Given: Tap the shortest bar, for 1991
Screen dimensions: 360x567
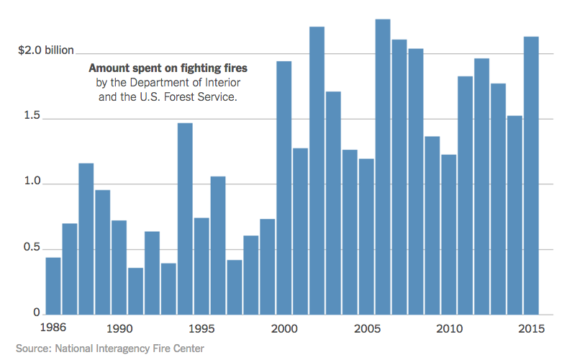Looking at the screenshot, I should pos(135,291).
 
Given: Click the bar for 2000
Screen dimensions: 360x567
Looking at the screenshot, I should pos(284,188).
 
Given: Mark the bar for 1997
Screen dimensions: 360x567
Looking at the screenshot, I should pos(235,287).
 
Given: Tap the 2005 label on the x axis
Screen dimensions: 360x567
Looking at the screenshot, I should pos(366,329).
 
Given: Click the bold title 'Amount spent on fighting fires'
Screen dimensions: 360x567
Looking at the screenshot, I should pos(168,68).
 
